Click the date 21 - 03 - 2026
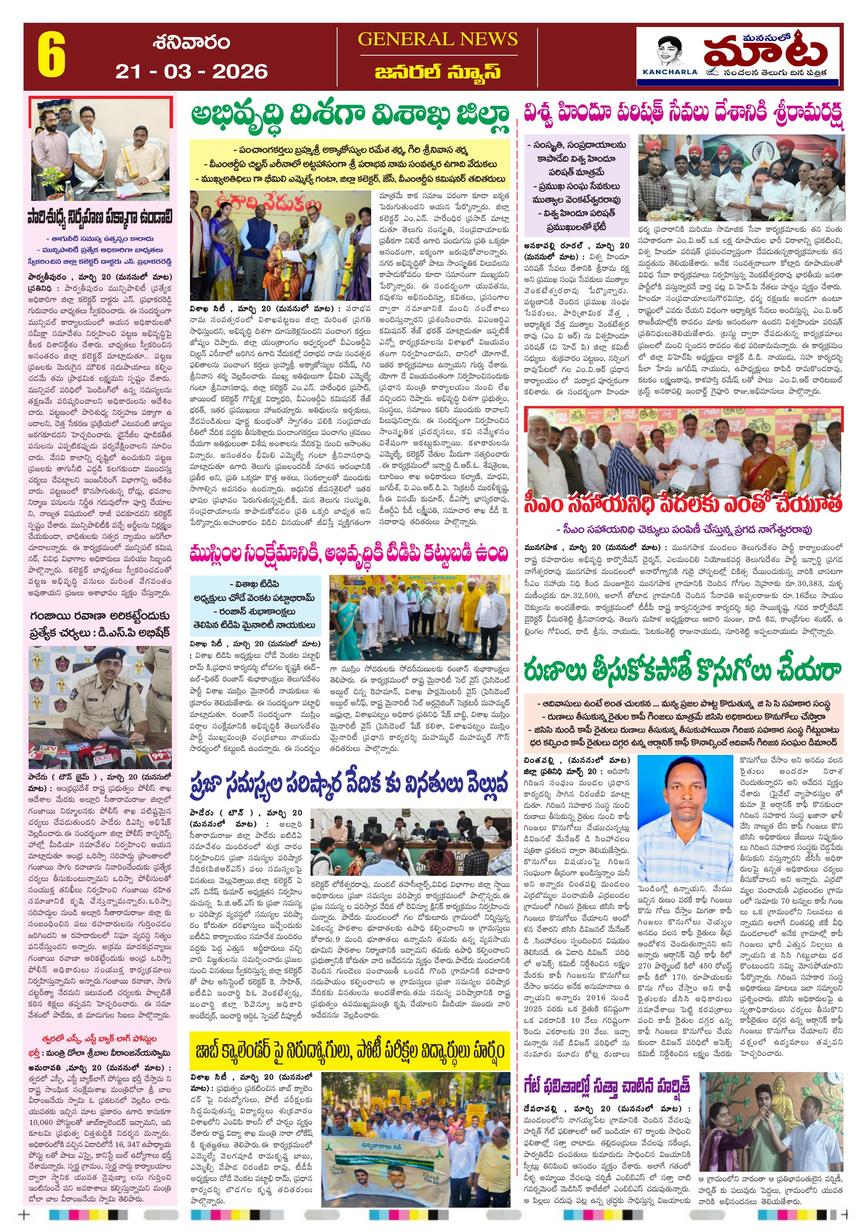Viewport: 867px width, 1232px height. pos(191,71)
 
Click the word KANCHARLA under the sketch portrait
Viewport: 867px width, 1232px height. pos(670,72)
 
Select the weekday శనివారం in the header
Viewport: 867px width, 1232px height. pos(191,42)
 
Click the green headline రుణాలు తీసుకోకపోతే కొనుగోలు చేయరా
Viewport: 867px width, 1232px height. pos(683,671)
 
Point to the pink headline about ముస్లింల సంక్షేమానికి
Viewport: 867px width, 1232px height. pos(349,553)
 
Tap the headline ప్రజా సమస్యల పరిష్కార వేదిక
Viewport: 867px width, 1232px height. pos(349,784)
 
